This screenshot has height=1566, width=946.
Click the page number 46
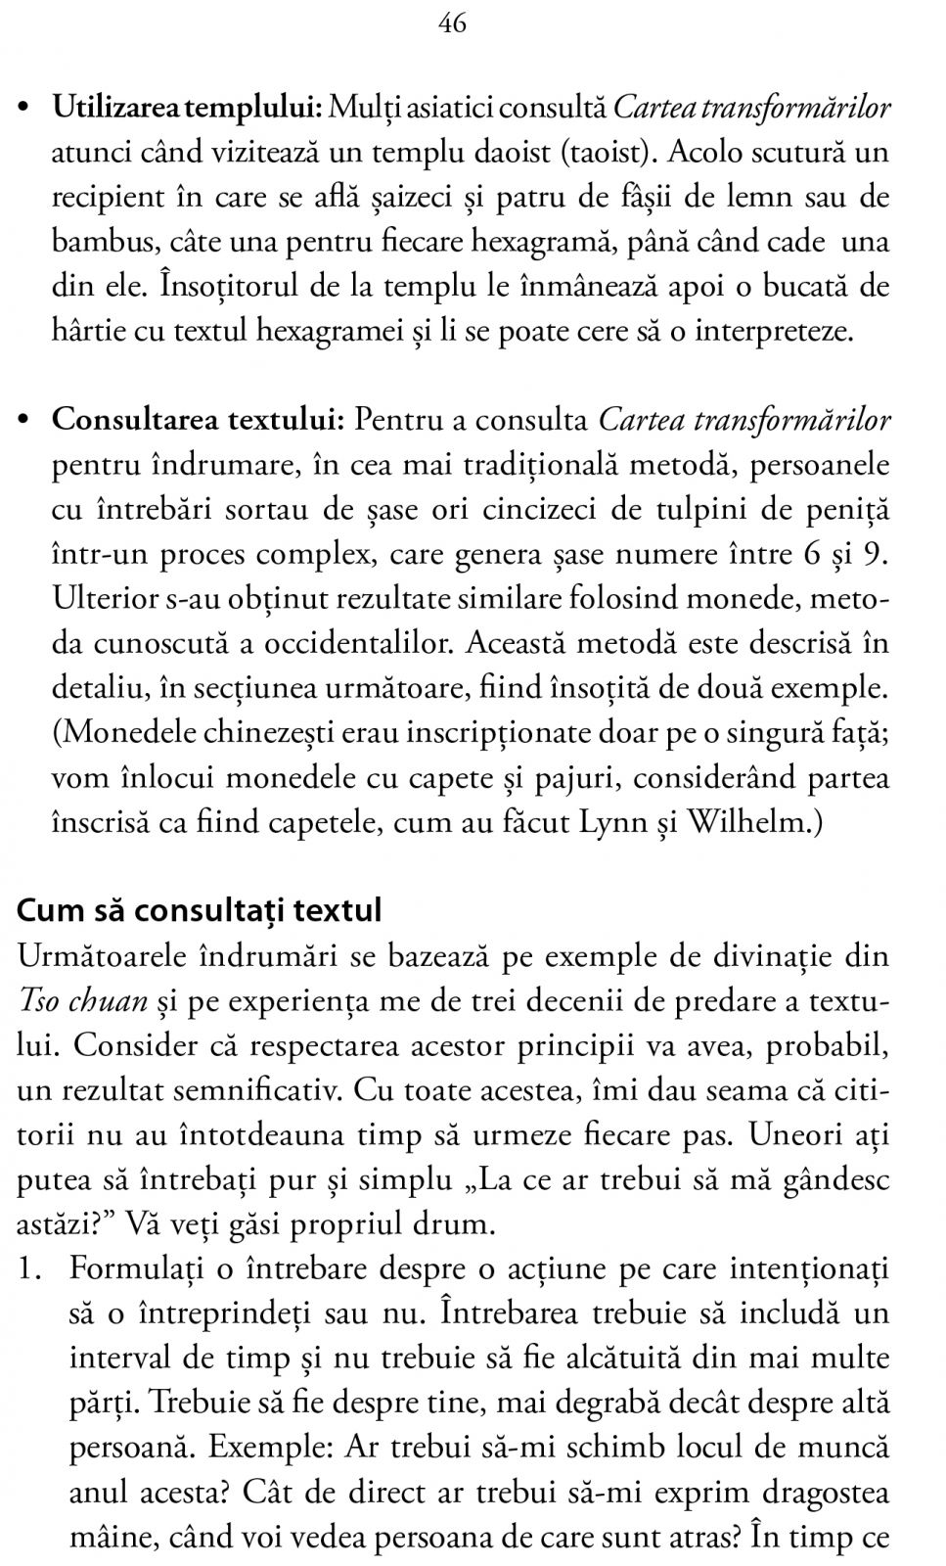click(x=453, y=23)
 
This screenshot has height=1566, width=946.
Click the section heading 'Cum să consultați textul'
click(x=199, y=910)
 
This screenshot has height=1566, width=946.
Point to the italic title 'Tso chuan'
click(x=83, y=1000)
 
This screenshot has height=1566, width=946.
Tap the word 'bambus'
click(x=97, y=243)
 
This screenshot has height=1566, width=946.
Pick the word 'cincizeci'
click(x=557, y=510)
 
